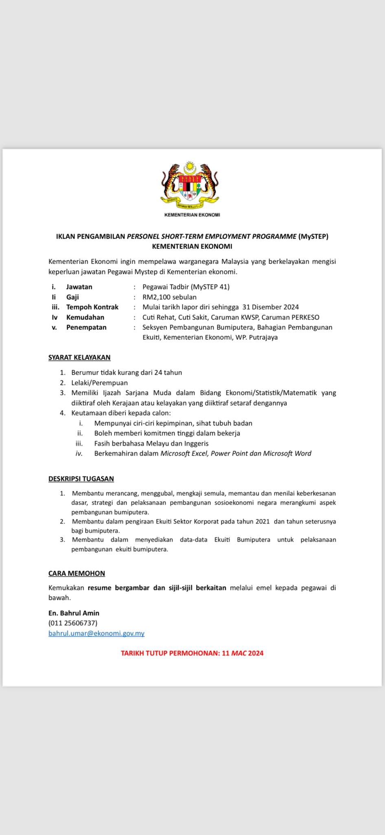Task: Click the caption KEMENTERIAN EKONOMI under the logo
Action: click(x=192, y=215)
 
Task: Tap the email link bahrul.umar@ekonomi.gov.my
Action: click(x=96, y=633)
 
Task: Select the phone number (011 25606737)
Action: click(x=73, y=623)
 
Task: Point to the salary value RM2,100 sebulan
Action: click(x=169, y=297)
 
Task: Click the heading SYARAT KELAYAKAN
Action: click(x=79, y=357)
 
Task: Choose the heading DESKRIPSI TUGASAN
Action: click(x=81, y=479)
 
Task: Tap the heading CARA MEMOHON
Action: click(x=77, y=573)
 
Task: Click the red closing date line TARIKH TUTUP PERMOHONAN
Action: click(x=192, y=653)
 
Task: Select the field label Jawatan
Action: click(x=79, y=287)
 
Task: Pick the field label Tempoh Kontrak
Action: click(x=92, y=307)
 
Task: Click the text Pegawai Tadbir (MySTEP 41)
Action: click(x=186, y=287)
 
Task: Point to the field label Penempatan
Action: click(x=86, y=327)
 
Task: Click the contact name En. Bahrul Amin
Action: click(x=74, y=613)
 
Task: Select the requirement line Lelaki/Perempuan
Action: click(x=100, y=382)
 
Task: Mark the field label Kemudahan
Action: click(x=85, y=317)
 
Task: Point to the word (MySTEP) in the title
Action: click(x=313, y=236)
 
